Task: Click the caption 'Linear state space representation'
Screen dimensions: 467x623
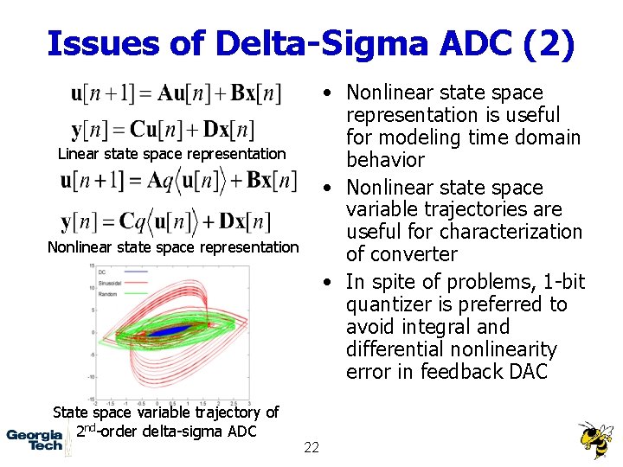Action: [171, 154]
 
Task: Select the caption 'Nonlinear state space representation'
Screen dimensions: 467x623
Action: [172, 247]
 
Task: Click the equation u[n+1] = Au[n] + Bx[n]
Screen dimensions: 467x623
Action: [177, 93]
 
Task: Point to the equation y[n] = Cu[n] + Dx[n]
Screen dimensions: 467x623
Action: [163, 130]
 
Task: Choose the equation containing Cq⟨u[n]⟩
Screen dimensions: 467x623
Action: [166, 221]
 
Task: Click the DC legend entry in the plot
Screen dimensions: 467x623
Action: [111, 272]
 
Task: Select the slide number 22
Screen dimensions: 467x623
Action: [311, 447]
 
